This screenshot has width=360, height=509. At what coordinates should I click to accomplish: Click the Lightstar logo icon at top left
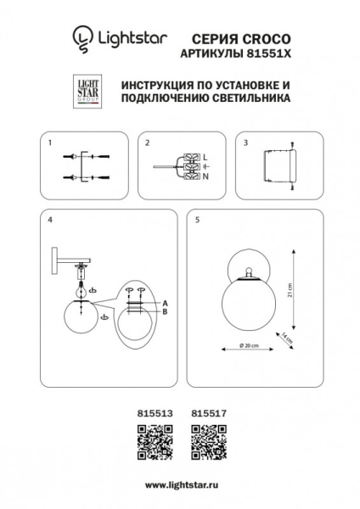[x=81, y=37]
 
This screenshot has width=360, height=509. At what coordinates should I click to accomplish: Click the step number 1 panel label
[x=50, y=143]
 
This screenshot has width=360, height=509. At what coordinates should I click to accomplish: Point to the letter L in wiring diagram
[x=205, y=155]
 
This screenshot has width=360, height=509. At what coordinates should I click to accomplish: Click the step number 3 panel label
[x=245, y=143]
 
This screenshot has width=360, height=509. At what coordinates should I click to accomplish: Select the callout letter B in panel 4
[x=165, y=311]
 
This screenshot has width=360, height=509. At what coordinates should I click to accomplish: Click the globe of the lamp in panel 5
[x=248, y=304]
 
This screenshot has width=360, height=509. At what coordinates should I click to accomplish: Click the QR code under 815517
[x=205, y=440]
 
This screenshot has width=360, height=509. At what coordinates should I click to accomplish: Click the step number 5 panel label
[x=197, y=220]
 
